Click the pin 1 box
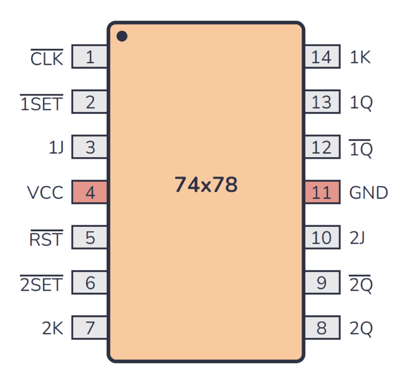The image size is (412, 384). click(x=90, y=57)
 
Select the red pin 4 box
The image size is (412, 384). click(x=90, y=192)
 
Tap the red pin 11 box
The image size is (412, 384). click(x=322, y=192)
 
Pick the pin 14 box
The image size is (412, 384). click(x=322, y=57)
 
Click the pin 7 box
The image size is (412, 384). click(x=90, y=327)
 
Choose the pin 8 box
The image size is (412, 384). click(x=322, y=327)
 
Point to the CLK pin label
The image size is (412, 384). click(x=47, y=58)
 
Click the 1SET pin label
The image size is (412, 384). click(x=42, y=103)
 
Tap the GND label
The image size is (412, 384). click(x=369, y=193)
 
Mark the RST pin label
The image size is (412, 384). click(x=46, y=238)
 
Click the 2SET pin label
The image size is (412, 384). click(x=41, y=283)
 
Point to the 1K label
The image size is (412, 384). click(x=360, y=57)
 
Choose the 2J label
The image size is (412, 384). click(x=358, y=238)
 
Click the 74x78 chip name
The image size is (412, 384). click(x=206, y=185)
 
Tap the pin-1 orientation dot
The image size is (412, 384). click(x=122, y=36)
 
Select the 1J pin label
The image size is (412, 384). click(x=55, y=147)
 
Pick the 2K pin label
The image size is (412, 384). click(x=53, y=328)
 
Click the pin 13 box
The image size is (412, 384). click(x=322, y=102)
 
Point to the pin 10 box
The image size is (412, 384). click(x=322, y=237)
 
